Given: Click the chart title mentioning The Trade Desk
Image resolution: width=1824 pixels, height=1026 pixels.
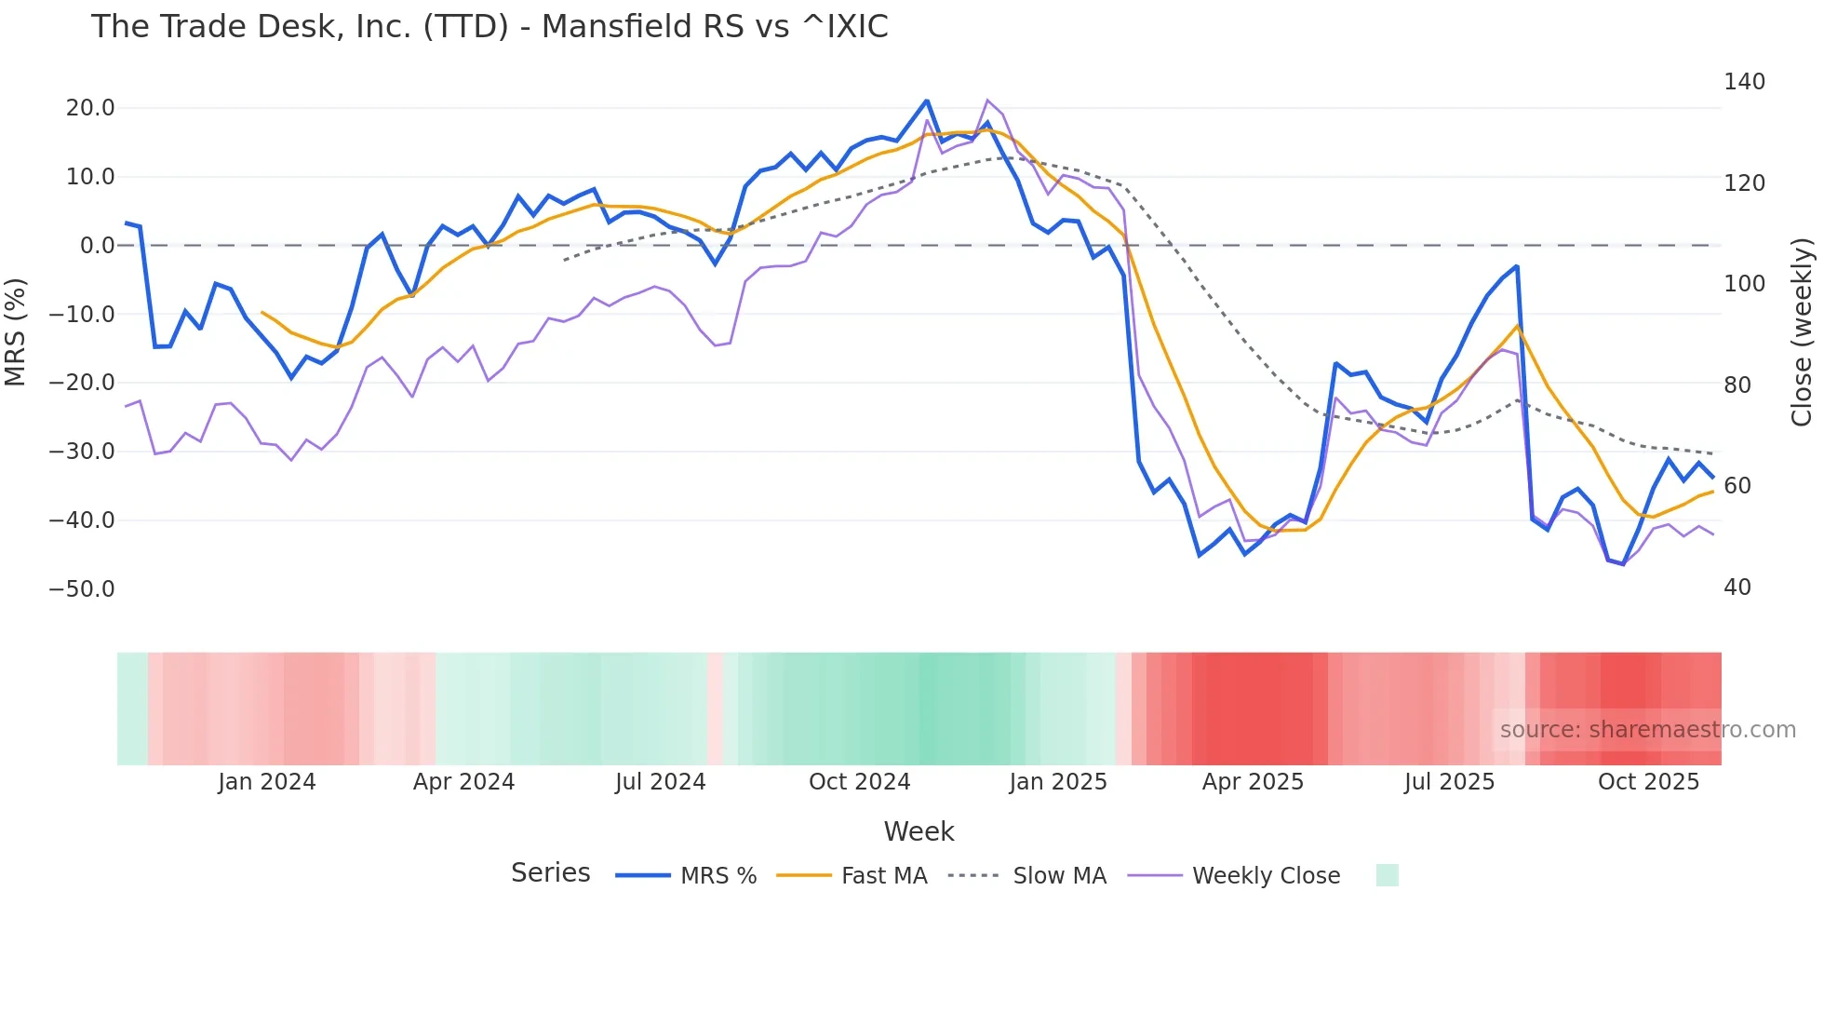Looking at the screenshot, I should (x=490, y=27).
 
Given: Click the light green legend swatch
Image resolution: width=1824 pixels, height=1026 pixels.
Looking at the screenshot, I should (x=1387, y=875).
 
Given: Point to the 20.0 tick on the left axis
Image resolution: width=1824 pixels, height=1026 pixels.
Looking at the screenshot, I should (x=90, y=108).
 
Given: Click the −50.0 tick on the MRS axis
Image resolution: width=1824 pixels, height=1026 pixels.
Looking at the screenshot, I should (x=82, y=589).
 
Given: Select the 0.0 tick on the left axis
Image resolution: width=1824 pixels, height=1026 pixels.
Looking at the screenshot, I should (x=97, y=246).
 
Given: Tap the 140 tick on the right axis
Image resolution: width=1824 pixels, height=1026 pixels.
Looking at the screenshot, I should (x=1744, y=82).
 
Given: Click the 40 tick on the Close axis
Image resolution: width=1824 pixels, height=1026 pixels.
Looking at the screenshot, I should (x=1737, y=587).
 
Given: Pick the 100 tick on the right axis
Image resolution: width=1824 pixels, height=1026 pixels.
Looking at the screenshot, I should (x=1744, y=284).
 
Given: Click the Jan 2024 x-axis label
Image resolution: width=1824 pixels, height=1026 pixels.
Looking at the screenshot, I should (x=267, y=782).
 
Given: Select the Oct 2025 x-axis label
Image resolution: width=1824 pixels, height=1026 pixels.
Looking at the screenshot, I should (x=1648, y=782).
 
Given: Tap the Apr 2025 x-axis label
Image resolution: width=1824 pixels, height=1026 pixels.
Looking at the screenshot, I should (x=1253, y=782).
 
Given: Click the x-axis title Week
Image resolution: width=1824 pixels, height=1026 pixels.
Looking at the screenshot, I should (x=919, y=831).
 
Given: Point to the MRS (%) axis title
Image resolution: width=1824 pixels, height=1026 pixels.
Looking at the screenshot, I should (x=16, y=331).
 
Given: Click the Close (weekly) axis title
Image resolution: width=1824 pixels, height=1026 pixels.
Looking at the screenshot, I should (x=1802, y=331).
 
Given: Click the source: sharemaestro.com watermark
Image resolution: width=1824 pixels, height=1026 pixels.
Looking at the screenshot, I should (x=1647, y=730).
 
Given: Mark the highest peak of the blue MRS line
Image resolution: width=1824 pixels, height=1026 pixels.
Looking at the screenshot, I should (x=926, y=101).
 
